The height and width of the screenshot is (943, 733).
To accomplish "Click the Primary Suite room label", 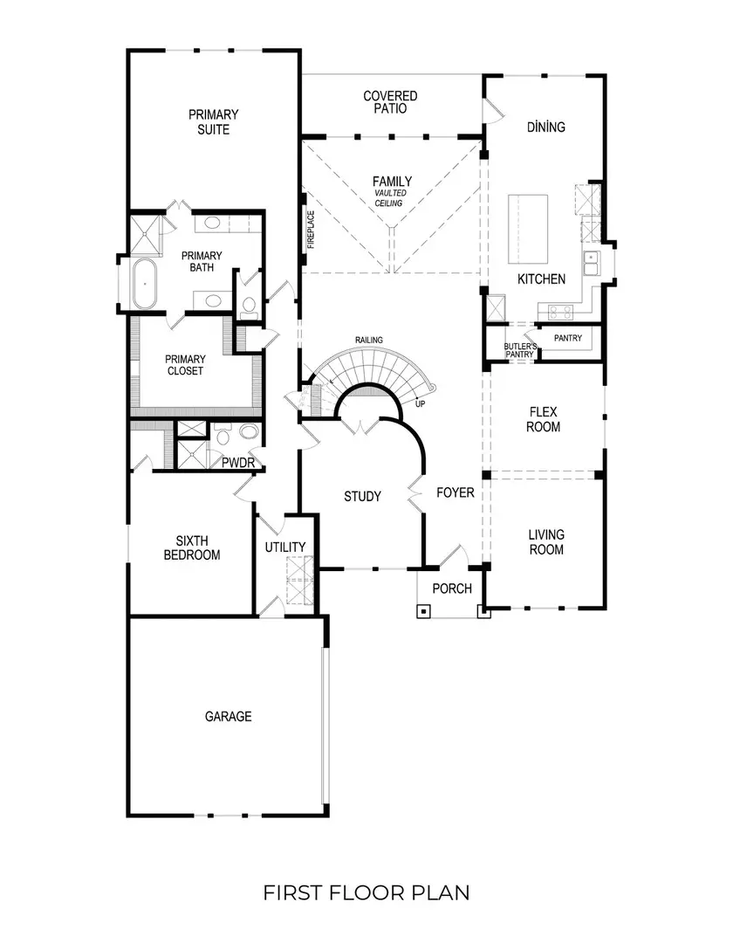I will pyautogui.click(x=214, y=121).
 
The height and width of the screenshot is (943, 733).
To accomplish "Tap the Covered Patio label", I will pyautogui.click(x=390, y=102).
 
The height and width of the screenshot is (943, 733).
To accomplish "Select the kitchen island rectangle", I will pyautogui.click(x=529, y=228).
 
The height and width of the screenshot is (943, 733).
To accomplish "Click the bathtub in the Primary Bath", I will pyautogui.click(x=144, y=284).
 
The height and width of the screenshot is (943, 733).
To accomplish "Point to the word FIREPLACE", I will pyautogui.click(x=311, y=230).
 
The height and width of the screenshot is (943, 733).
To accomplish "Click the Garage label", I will pyautogui.click(x=228, y=716).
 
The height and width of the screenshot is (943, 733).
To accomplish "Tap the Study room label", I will pyautogui.click(x=362, y=497).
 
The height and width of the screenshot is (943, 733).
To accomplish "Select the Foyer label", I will pyautogui.click(x=456, y=493).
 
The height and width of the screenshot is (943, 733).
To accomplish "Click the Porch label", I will pyautogui.click(x=452, y=589).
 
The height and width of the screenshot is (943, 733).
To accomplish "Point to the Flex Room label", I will pyautogui.click(x=544, y=419).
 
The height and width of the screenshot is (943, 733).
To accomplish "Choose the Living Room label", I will pyautogui.click(x=546, y=541).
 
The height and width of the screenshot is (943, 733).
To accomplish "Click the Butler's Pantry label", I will pyautogui.click(x=520, y=350).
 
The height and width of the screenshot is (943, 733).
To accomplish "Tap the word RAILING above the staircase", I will pyautogui.click(x=368, y=340).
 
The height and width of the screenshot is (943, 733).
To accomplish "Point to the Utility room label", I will pyautogui.click(x=285, y=547).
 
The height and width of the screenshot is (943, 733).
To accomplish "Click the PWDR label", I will pyautogui.click(x=237, y=462).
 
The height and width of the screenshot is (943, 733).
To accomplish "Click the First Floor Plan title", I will pyautogui.click(x=366, y=892).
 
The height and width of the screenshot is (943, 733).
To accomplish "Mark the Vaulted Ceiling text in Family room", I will pyautogui.click(x=389, y=198).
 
